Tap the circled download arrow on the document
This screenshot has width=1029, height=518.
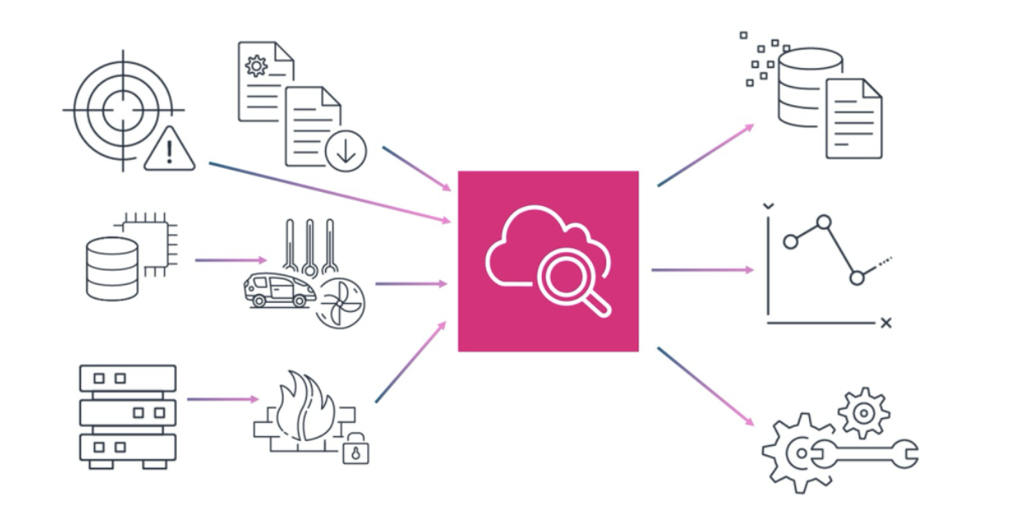(x=346, y=151)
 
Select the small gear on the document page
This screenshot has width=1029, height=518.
(x=256, y=65)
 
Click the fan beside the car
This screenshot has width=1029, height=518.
(x=341, y=301)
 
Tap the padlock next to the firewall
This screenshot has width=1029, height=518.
(x=356, y=449)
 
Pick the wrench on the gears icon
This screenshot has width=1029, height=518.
(x=864, y=453)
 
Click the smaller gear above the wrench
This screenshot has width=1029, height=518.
(x=864, y=411)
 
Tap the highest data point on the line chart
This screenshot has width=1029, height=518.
(x=823, y=222)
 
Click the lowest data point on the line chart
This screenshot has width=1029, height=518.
(x=857, y=278)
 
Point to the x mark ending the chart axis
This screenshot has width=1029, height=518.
(x=886, y=323)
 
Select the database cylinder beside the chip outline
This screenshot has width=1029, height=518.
(x=112, y=268)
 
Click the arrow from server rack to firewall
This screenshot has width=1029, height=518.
(x=223, y=400)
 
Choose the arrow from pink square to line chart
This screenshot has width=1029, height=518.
(x=702, y=270)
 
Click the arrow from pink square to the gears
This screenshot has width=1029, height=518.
(x=706, y=386)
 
